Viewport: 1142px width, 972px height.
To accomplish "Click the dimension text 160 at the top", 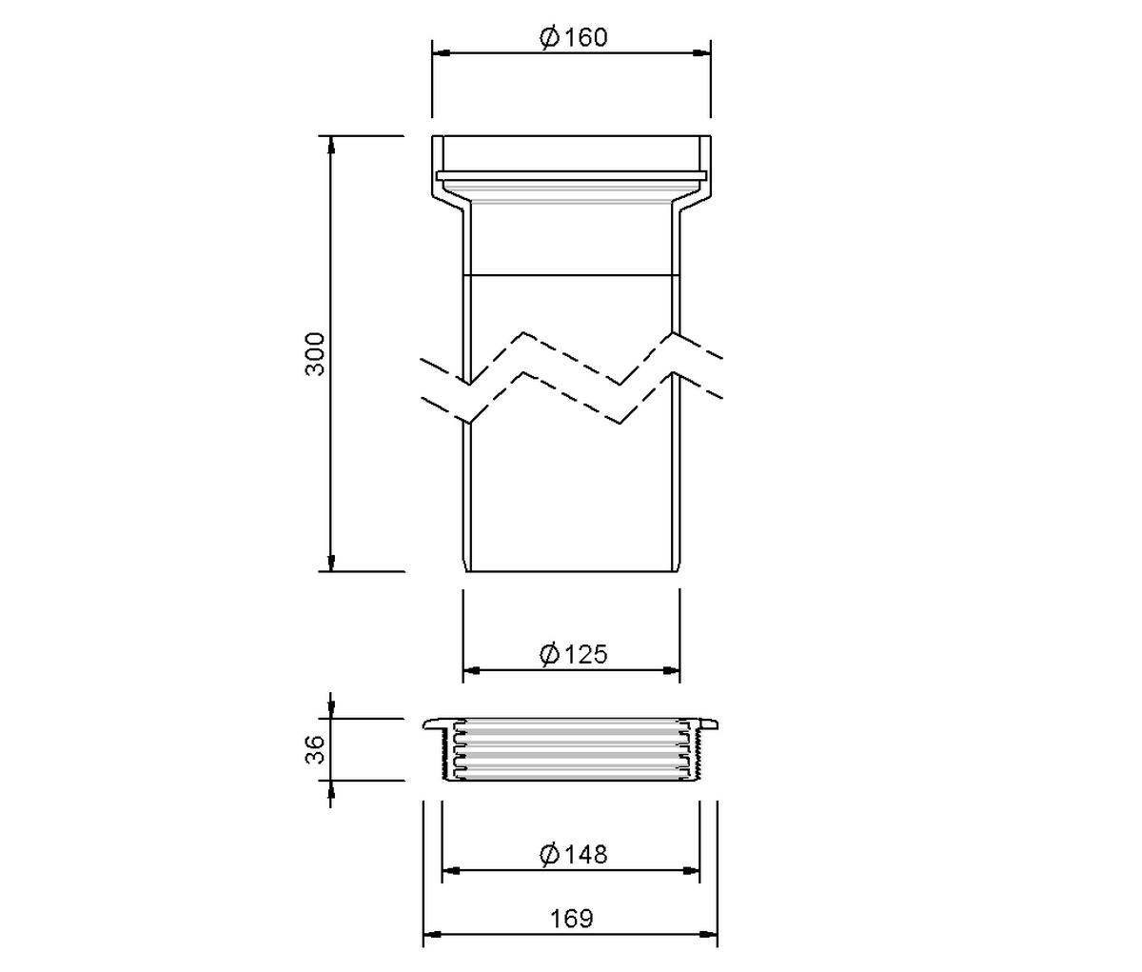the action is [x=586, y=37].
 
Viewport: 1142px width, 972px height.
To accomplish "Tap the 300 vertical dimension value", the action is [x=315, y=354].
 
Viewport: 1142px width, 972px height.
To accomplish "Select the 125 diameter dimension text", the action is [x=586, y=654].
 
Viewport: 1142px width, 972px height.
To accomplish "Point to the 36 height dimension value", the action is [x=315, y=749].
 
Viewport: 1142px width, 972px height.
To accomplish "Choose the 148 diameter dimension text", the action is [x=586, y=854].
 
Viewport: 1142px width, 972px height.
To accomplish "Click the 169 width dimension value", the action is [x=572, y=919].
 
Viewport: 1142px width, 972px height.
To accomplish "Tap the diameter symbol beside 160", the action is [x=550, y=38].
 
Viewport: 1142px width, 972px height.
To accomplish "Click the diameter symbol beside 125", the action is [x=550, y=655].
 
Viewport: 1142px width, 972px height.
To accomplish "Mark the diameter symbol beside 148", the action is [x=550, y=855].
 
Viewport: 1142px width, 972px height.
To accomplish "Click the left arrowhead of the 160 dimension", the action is [x=441, y=53].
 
